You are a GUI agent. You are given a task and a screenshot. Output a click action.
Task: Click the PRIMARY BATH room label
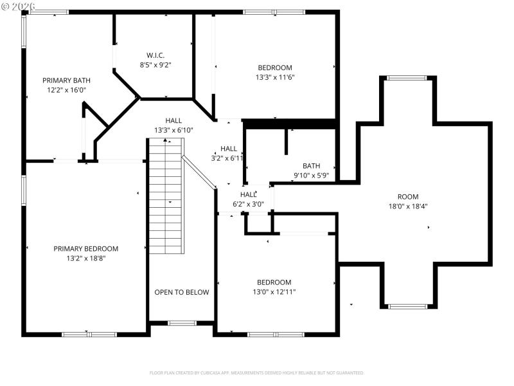[x=64, y=80]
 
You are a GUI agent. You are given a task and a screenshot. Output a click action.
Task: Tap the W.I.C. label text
[x=155, y=55]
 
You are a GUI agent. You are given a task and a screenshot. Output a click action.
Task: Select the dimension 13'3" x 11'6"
[x=275, y=77]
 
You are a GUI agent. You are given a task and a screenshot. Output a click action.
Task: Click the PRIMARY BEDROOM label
[x=85, y=248]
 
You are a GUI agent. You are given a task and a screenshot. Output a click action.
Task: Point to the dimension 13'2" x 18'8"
[x=85, y=258]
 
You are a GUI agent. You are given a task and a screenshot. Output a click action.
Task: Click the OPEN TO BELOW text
[x=182, y=292]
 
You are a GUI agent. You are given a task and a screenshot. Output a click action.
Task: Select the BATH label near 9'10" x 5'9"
[x=312, y=166]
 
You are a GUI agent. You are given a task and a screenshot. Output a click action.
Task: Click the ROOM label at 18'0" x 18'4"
[x=408, y=197]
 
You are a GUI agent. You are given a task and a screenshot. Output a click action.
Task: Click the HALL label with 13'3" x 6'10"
[x=173, y=120]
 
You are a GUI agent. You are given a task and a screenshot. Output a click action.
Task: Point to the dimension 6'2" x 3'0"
[x=248, y=204]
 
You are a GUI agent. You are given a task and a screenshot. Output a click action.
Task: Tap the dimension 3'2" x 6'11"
[x=229, y=158]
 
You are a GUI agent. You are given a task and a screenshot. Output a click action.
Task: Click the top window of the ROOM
[x=406, y=78]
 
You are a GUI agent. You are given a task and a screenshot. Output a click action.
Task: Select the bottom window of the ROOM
[x=408, y=306]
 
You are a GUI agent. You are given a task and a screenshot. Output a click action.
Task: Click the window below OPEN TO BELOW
[x=182, y=322]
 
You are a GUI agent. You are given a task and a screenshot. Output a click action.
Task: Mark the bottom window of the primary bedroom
[x=89, y=334]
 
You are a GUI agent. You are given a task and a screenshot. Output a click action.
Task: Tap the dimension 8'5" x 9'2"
[x=155, y=64]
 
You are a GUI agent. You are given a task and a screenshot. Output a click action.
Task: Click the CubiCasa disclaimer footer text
[x=257, y=372]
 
